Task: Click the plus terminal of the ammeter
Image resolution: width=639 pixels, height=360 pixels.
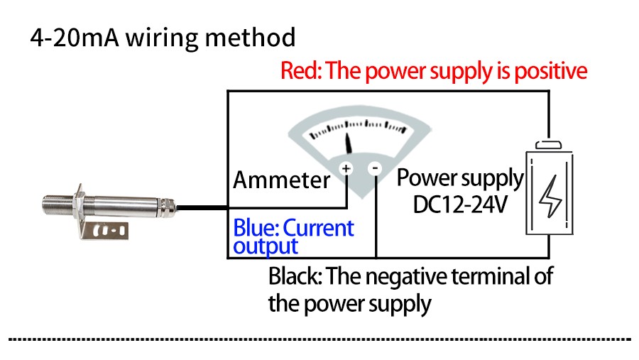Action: [x=346, y=168]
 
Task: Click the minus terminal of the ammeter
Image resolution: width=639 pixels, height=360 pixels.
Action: [x=376, y=168]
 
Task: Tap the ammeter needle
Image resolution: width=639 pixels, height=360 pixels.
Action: [x=349, y=141]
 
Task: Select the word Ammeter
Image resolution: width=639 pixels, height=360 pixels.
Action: [x=282, y=180]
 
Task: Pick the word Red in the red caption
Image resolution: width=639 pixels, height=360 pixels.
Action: [x=295, y=71]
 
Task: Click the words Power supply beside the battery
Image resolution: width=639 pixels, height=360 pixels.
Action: [x=459, y=178]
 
